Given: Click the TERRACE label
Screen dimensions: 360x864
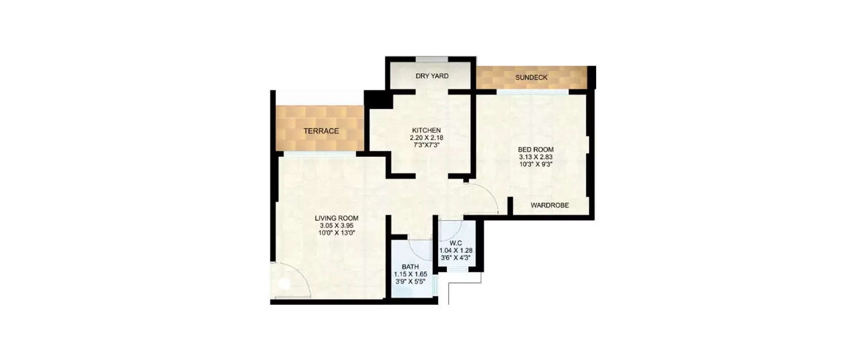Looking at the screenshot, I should pyautogui.click(x=321, y=131).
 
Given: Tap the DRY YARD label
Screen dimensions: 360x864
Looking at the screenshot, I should pyautogui.click(x=432, y=76).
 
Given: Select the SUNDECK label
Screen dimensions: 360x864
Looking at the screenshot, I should pyautogui.click(x=532, y=77).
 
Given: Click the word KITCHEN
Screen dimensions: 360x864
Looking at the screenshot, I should pyautogui.click(x=426, y=130).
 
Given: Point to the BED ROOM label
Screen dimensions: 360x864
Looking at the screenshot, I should pyautogui.click(x=535, y=150).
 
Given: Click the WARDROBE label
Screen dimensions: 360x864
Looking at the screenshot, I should pyautogui.click(x=550, y=205).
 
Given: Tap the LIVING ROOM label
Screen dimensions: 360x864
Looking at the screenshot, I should pyautogui.click(x=336, y=218).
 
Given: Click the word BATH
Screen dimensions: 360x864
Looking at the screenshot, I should pyautogui.click(x=410, y=267).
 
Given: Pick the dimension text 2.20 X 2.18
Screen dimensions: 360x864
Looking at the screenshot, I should pyautogui.click(x=426, y=138).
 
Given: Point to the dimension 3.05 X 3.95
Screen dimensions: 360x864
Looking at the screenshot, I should pyautogui.click(x=336, y=226).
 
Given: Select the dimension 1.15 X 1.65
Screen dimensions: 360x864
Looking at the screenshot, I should pyautogui.click(x=410, y=274).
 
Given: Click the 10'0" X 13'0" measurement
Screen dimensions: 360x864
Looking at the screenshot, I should pyautogui.click(x=336, y=233).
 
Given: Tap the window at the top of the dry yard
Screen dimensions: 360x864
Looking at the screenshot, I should pyautogui.click(x=432, y=58).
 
